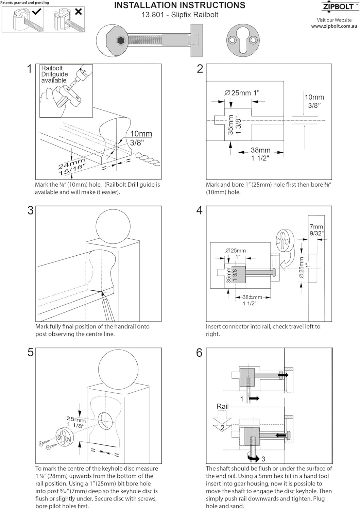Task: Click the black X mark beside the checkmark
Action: tap(78, 12)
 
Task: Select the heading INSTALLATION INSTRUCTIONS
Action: tap(179, 5)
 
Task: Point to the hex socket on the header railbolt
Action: tap(121, 41)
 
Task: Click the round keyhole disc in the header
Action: tap(242, 40)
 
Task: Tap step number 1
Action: tap(30, 69)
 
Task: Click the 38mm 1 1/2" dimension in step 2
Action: tap(260, 154)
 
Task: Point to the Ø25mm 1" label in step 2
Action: tap(242, 93)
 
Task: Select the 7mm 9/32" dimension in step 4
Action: tap(316, 230)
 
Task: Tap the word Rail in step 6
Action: tap(223, 406)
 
